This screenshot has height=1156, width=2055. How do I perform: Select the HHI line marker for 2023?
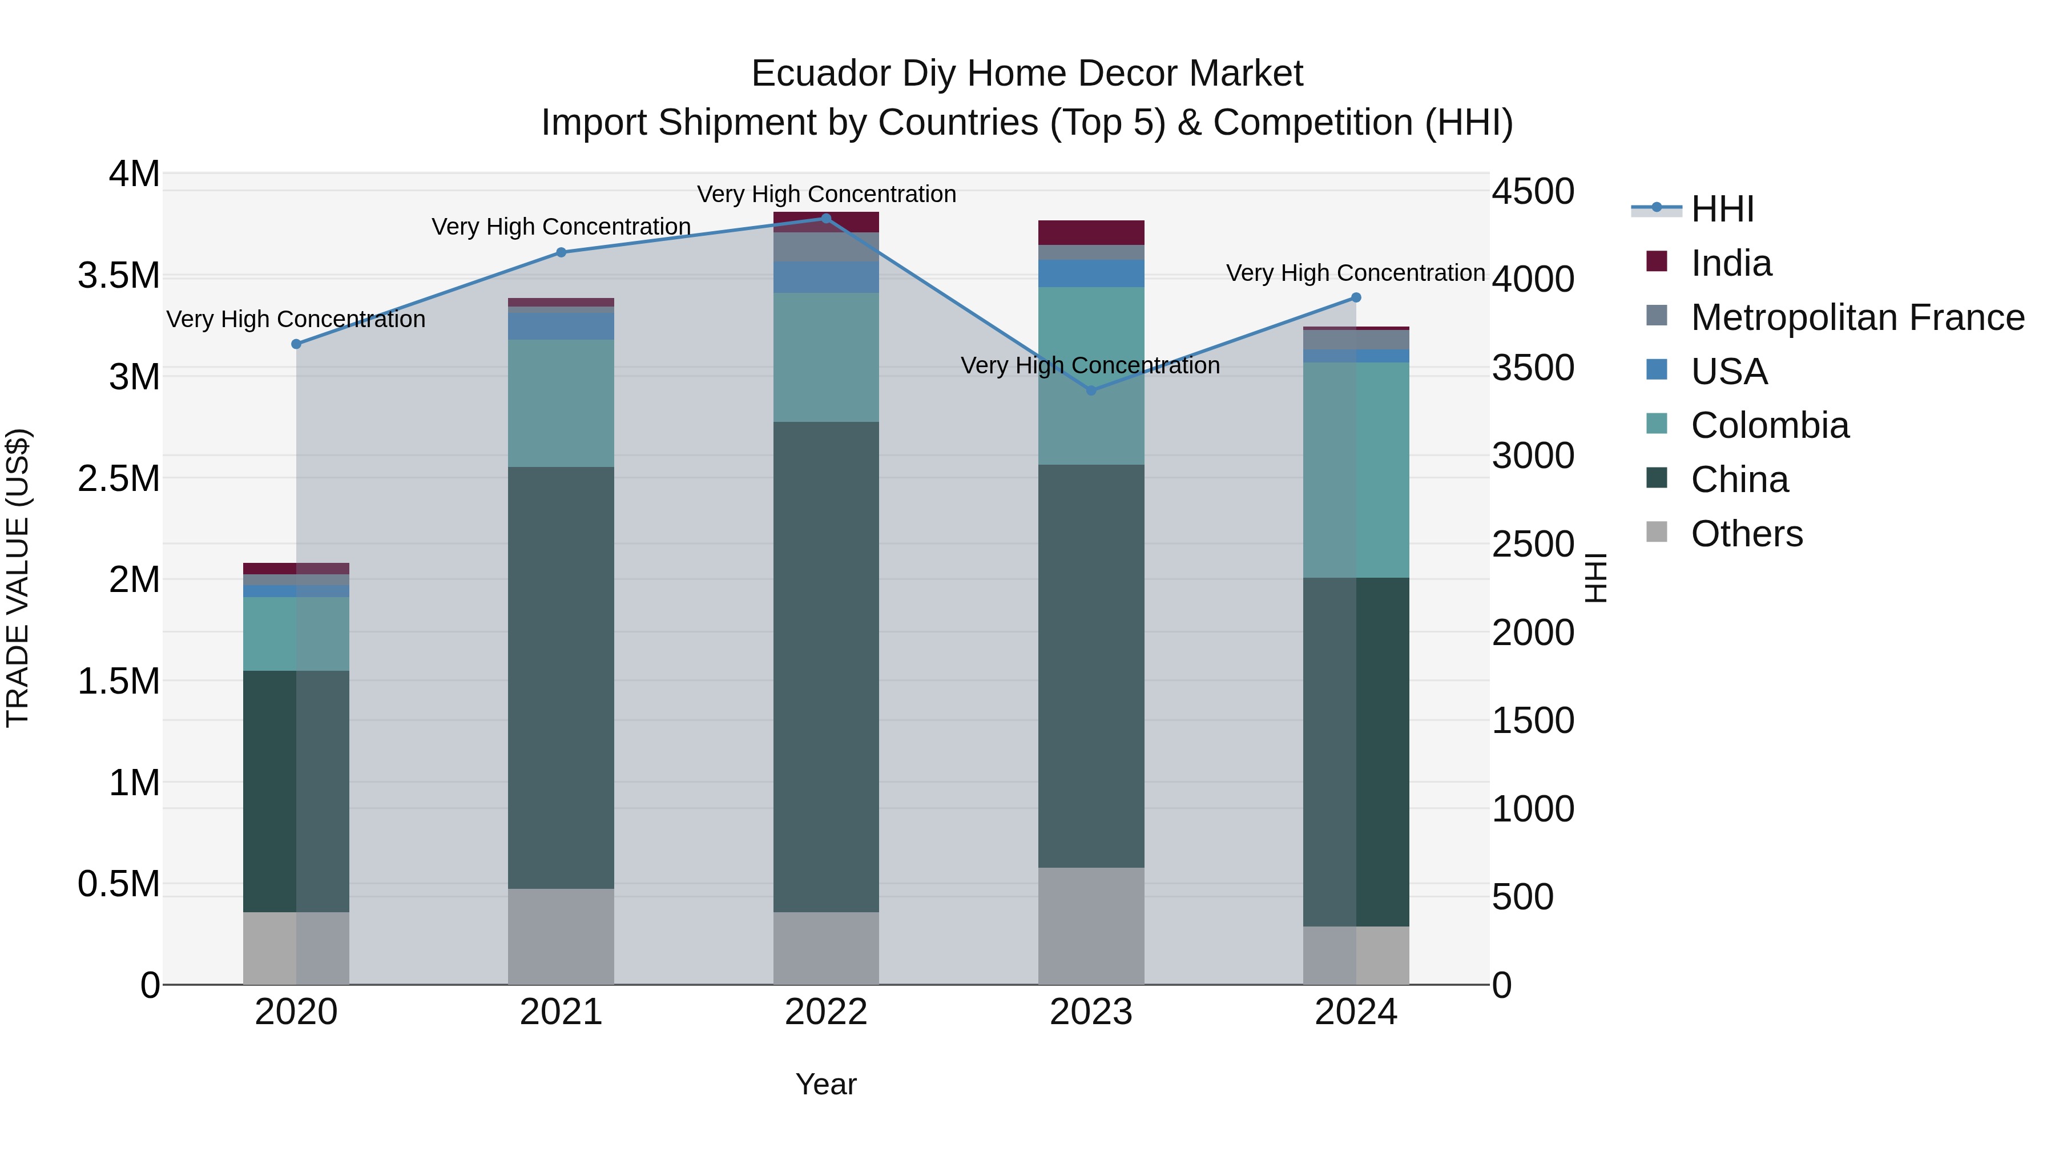coord(1091,390)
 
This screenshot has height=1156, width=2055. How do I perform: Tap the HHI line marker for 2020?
coord(296,344)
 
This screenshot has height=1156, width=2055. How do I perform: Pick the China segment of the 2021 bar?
coord(561,678)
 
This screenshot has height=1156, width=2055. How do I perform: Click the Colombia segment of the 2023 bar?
coord(1091,375)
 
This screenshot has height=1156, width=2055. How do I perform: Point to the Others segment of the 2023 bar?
coord(1091,925)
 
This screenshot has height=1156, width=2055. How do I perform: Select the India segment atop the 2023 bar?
coord(1091,232)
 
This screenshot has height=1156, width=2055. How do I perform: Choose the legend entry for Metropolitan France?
coord(1857,317)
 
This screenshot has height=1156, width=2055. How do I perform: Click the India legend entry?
coord(1731,263)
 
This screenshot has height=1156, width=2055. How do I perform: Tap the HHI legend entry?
coord(1722,209)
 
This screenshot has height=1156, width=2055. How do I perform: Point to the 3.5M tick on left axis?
coord(119,275)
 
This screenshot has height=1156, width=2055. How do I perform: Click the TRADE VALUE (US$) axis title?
coord(18,578)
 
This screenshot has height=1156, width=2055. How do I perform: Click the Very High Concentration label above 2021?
coord(561,227)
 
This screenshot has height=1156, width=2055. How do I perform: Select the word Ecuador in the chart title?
coord(821,74)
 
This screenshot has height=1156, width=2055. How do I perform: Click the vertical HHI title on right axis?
coord(1595,578)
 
